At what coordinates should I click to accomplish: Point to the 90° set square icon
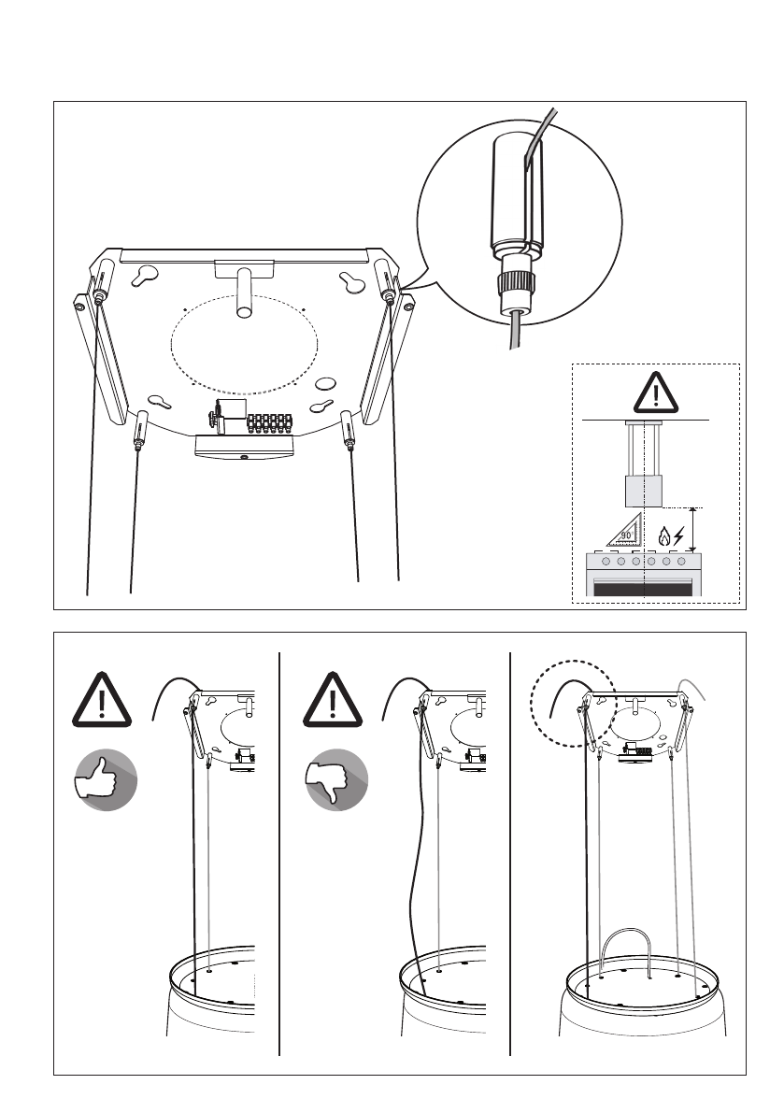coord(616,532)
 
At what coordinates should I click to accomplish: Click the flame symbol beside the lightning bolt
coord(663,536)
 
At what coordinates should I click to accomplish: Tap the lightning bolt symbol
coord(679,536)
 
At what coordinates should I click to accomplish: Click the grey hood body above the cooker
coord(644,490)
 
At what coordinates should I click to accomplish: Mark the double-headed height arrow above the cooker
coord(691,529)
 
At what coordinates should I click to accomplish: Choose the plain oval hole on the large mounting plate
coord(325,381)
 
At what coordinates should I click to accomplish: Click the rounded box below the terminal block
coord(243,449)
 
